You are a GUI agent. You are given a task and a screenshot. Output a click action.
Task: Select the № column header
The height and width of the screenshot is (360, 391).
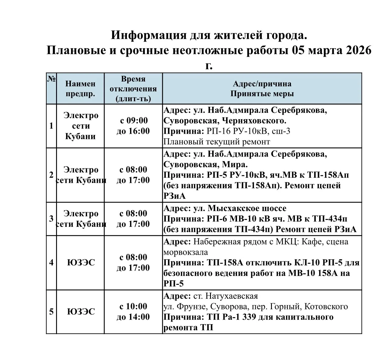click(x=51, y=79)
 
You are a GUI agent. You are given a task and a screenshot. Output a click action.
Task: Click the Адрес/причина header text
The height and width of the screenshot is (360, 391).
click(x=262, y=84)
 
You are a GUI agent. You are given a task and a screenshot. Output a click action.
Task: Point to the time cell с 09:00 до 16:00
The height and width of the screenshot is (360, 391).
click(x=133, y=126)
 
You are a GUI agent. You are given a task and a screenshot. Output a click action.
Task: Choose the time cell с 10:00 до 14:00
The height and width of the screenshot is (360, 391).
click(x=133, y=311)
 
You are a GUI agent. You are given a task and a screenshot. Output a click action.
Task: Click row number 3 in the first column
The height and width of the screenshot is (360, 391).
click(x=51, y=219)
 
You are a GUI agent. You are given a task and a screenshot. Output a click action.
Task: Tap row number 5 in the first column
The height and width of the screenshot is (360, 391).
click(x=51, y=311)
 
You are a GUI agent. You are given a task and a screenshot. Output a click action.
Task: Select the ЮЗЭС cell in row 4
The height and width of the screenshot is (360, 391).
click(x=81, y=262)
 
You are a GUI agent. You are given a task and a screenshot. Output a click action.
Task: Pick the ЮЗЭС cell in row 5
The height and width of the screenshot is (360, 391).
click(x=81, y=311)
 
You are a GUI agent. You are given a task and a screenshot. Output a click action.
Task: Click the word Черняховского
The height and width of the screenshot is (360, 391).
click(x=254, y=121)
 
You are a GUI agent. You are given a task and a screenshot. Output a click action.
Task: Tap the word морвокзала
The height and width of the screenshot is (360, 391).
click(x=185, y=252)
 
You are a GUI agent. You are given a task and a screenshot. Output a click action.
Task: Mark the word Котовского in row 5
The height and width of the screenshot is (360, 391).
click(x=326, y=306)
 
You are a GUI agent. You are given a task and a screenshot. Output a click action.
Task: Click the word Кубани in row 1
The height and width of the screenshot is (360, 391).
click(x=80, y=136)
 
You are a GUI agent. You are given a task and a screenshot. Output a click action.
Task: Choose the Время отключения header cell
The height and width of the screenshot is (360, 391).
click(x=133, y=89)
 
